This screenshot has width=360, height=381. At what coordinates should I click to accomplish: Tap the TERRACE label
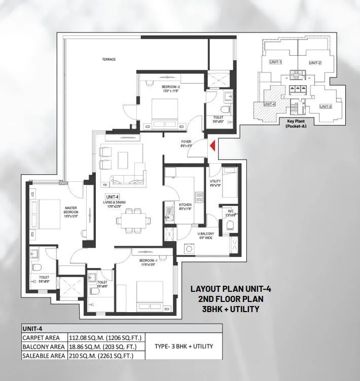click(x=109, y=59)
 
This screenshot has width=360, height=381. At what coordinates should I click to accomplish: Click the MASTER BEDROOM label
click(x=70, y=210)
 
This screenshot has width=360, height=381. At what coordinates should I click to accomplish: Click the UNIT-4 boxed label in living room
click(x=112, y=197)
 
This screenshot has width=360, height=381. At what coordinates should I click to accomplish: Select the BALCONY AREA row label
click(x=43, y=347)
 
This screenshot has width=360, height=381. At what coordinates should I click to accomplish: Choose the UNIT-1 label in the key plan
click(x=276, y=61)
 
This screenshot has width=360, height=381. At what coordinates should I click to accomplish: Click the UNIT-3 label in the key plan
click(x=325, y=106)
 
